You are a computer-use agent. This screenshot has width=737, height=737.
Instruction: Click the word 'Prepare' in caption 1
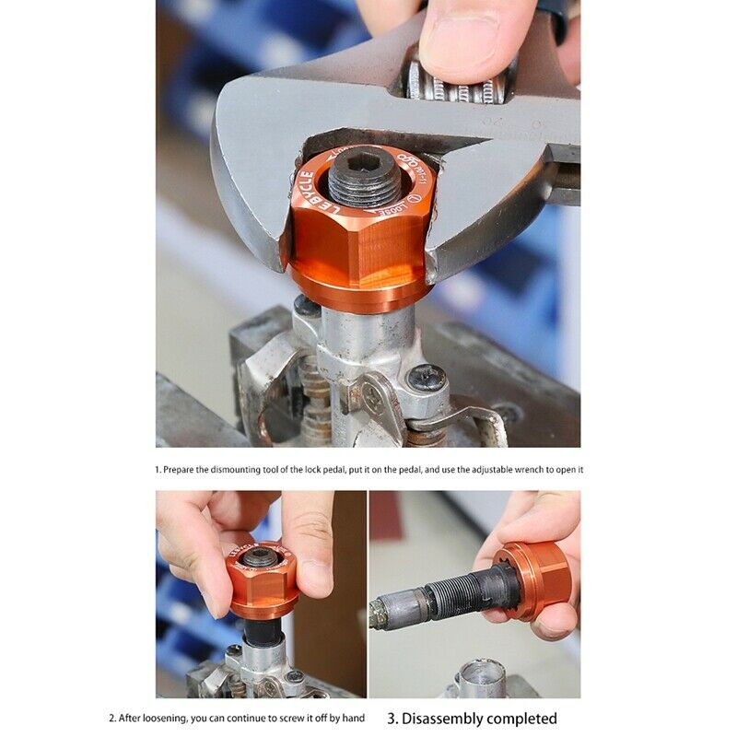click(x=181, y=469)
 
